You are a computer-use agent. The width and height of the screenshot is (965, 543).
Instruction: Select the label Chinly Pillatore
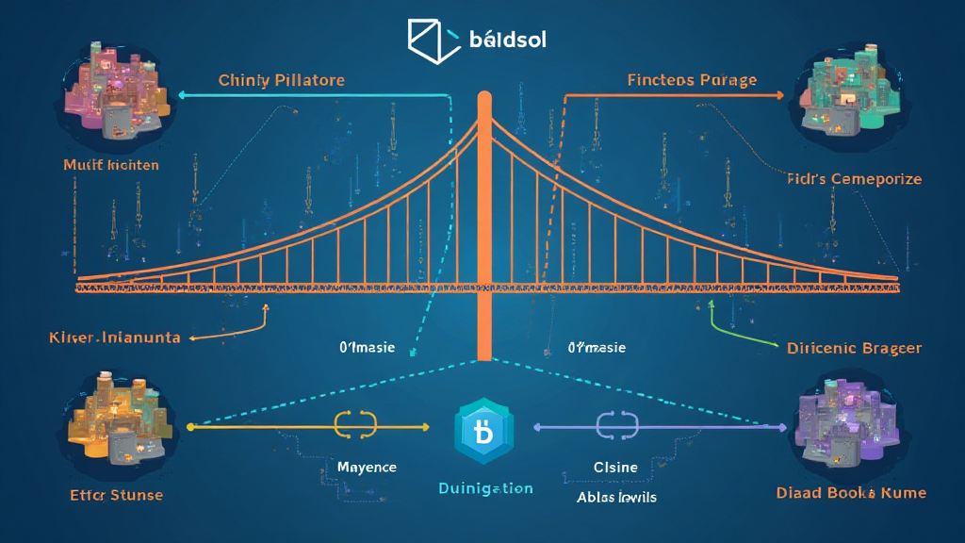pos(281,80)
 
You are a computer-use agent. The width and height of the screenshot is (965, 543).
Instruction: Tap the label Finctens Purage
pos(692,80)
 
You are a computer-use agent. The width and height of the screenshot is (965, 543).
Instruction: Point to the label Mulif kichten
pos(111,165)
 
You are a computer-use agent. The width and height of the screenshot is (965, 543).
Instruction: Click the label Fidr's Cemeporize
pos(854,178)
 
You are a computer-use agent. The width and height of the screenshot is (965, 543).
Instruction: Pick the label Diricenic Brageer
pos(854,348)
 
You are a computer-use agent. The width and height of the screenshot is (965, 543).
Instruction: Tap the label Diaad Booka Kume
pos(851,493)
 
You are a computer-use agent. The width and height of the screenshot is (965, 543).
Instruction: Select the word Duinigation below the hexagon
pos(485,488)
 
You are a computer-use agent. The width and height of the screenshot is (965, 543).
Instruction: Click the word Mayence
pos(367,468)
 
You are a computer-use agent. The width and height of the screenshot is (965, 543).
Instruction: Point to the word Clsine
pos(615,468)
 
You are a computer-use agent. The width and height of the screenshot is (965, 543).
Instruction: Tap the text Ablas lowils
pos(617,497)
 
